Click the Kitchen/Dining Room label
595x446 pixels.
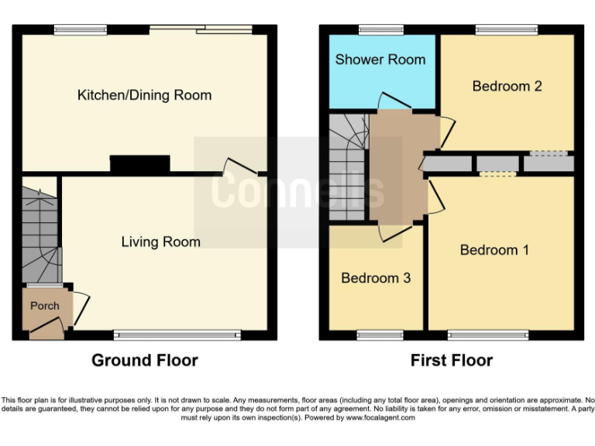click(x=144, y=95)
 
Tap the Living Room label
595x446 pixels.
click(x=160, y=242)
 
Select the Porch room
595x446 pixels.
click(x=44, y=307)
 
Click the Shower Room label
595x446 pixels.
click(x=380, y=59)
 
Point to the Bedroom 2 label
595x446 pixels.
click(x=507, y=86)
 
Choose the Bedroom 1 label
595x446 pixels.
click(x=494, y=249)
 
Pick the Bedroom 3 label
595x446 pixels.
click(x=376, y=277)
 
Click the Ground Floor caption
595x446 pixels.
click(x=144, y=360)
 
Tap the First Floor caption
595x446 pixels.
click(x=452, y=360)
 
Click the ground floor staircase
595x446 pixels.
click(x=39, y=232)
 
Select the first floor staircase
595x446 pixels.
click(x=347, y=166)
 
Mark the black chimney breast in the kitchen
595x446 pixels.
click(x=139, y=163)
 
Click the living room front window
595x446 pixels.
click(x=177, y=335)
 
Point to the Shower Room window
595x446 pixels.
click(x=380, y=29)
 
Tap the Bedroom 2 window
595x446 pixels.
click(x=506, y=29)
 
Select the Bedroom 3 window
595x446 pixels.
click(x=380, y=335)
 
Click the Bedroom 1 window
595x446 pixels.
click(x=488, y=335)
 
